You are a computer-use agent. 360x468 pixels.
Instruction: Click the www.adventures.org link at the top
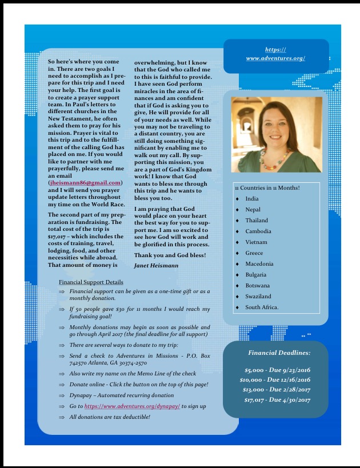(x=275, y=58)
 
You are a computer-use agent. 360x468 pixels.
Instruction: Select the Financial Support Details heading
(x=91, y=282)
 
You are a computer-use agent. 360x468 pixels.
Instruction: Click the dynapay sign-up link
(x=132, y=406)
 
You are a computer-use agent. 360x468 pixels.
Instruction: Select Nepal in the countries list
(x=253, y=210)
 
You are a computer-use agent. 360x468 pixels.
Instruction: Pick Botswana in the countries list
(x=257, y=286)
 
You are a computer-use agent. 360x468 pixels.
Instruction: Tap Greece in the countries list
(x=254, y=253)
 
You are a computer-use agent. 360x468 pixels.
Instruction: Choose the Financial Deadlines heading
(x=279, y=353)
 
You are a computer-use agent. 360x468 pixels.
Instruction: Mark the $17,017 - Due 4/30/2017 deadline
(x=277, y=399)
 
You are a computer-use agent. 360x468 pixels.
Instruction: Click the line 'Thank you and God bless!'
(x=169, y=254)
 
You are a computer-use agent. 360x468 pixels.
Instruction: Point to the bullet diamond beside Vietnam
(x=237, y=242)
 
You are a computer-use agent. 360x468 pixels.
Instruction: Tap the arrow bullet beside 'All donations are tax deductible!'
(x=61, y=417)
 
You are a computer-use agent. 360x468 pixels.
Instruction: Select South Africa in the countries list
(x=262, y=307)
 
